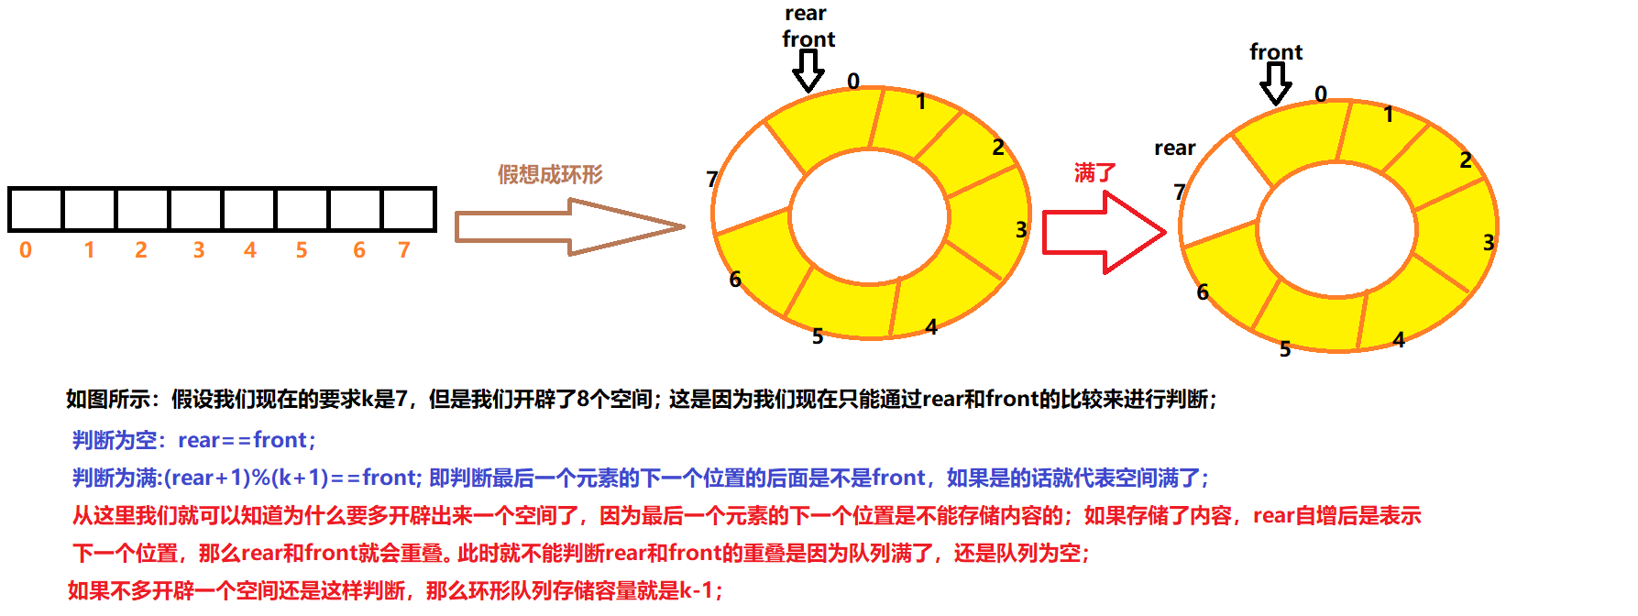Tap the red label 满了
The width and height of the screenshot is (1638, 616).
tap(1094, 172)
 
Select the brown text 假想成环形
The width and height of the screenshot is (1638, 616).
tap(550, 174)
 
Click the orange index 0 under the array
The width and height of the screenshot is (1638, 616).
tap(26, 250)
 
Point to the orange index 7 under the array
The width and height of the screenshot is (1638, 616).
tap(404, 250)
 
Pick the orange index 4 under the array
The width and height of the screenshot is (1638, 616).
tap(249, 250)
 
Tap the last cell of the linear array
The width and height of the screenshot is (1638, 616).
tap(408, 210)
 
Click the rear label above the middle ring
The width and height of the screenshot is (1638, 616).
tap(806, 14)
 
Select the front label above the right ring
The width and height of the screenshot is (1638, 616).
tap(1276, 52)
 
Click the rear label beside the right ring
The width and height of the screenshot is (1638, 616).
tap(1174, 148)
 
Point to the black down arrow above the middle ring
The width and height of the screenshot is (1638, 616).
tap(808, 71)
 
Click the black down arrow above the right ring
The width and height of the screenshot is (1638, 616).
tap(1275, 83)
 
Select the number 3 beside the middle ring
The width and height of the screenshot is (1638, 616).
tap(1021, 230)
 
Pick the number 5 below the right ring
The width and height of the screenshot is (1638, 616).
tap(1285, 349)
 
